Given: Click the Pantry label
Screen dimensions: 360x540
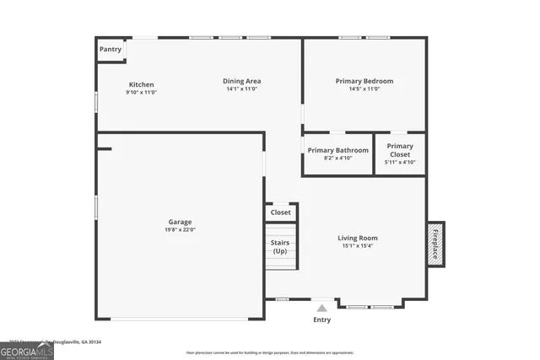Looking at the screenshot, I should coord(111,50).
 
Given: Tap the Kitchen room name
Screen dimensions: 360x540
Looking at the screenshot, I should coord(141,84).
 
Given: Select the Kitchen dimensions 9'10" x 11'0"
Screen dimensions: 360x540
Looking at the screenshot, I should coord(141,92).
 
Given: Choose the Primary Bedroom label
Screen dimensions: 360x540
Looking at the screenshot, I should coord(364,81).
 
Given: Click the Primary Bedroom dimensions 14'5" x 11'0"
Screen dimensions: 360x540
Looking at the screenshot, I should coord(364,89).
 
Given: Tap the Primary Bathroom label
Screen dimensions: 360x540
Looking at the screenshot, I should coord(337,150).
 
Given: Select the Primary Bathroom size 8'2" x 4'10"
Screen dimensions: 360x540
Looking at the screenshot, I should coord(337,158).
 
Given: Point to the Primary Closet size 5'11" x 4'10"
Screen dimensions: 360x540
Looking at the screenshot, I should coord(400,162).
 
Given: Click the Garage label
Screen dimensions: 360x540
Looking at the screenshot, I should coord(179,222).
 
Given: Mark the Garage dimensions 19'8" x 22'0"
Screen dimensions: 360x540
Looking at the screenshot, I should coord(179,230).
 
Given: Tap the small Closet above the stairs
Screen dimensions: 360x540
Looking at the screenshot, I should coord(281,212).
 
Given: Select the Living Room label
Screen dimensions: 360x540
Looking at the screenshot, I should coord(358,238).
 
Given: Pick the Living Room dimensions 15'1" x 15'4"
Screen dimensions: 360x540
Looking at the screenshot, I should coord(358,246).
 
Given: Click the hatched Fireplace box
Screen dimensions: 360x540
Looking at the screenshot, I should coord(435,244).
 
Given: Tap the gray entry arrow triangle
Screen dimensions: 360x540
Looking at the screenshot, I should coord(321,309).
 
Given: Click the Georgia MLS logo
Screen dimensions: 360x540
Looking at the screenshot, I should coord(27,349).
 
